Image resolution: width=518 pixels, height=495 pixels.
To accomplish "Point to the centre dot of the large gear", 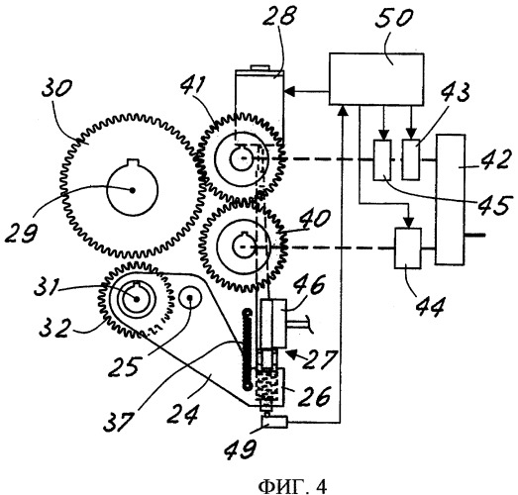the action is coord(133,190).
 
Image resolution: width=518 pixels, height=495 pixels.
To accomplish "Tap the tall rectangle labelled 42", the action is coord(451,199).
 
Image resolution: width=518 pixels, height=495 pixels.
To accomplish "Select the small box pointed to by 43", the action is coord(411,159).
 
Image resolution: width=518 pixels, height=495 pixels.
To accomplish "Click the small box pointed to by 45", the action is coord(382,159).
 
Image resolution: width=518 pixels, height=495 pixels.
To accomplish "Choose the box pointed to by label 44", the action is coord(408,248).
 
